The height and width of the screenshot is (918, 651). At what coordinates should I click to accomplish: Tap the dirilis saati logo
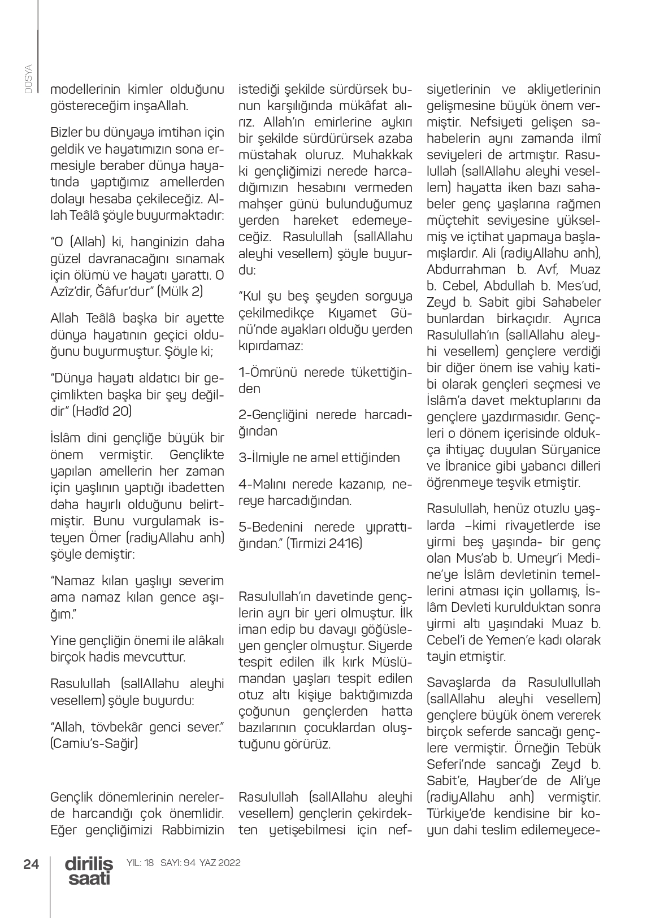click(89, 871)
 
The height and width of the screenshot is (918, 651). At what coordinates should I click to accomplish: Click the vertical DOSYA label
click(29, 79)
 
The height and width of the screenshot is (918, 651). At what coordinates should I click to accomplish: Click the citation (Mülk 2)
click(180, 292)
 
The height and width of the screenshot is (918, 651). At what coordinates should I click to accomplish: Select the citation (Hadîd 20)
click(102, 411)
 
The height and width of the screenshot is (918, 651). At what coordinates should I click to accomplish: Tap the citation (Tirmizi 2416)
click(324, 543)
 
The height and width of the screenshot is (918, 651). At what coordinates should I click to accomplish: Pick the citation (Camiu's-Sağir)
click(94, 743)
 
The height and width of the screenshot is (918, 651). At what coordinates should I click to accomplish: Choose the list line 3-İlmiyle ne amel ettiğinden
click(319, 458)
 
